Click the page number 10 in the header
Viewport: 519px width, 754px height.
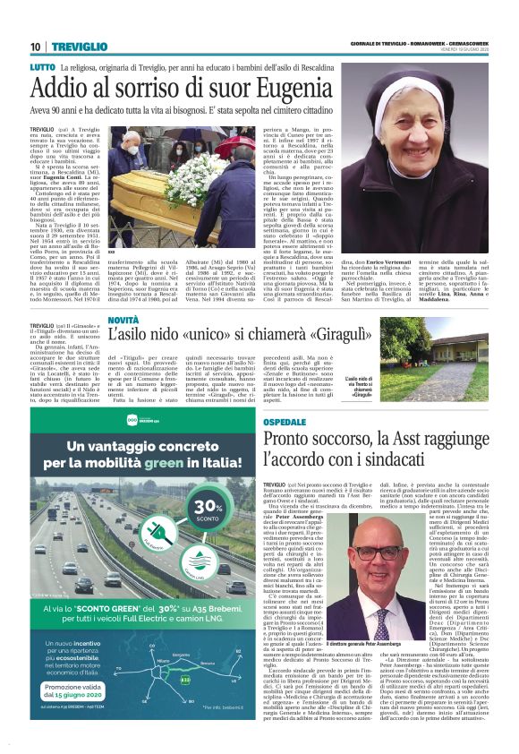(35, 47)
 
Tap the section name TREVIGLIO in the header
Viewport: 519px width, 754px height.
(78, 47)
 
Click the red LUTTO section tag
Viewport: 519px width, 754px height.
(42, 67)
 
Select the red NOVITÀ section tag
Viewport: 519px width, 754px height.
(123, 320)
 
